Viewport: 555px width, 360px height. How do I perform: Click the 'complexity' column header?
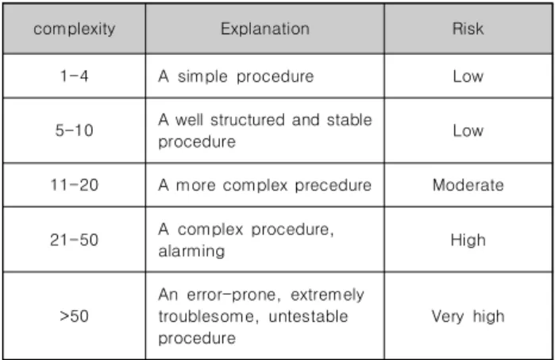point(75,29)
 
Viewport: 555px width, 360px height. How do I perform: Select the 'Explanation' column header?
point(265,29)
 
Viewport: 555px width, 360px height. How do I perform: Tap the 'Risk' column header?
point(468,29)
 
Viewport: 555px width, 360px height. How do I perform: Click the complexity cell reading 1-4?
point(75,75)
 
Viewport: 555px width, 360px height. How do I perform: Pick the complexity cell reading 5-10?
point(75,130)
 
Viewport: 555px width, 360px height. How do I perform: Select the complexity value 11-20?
point(75,185)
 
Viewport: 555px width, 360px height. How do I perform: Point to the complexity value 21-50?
point(75,240)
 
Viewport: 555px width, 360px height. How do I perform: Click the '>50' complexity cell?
point(75,316)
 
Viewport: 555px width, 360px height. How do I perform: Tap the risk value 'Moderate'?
point(468,185)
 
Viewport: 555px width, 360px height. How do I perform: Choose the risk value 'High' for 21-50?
point(468,240)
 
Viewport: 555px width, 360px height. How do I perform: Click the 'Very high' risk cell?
point(468,316)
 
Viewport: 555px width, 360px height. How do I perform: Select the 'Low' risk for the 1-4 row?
point(468,76)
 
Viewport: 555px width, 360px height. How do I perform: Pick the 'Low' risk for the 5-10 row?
point(468,130)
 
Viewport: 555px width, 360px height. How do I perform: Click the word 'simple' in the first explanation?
point(202,76)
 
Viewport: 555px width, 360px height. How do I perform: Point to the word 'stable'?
point(349,120)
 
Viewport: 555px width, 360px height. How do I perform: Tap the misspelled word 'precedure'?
point(333,185)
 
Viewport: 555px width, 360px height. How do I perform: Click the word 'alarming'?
point(191,252)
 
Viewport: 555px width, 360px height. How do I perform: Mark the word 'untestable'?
point(308,316)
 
